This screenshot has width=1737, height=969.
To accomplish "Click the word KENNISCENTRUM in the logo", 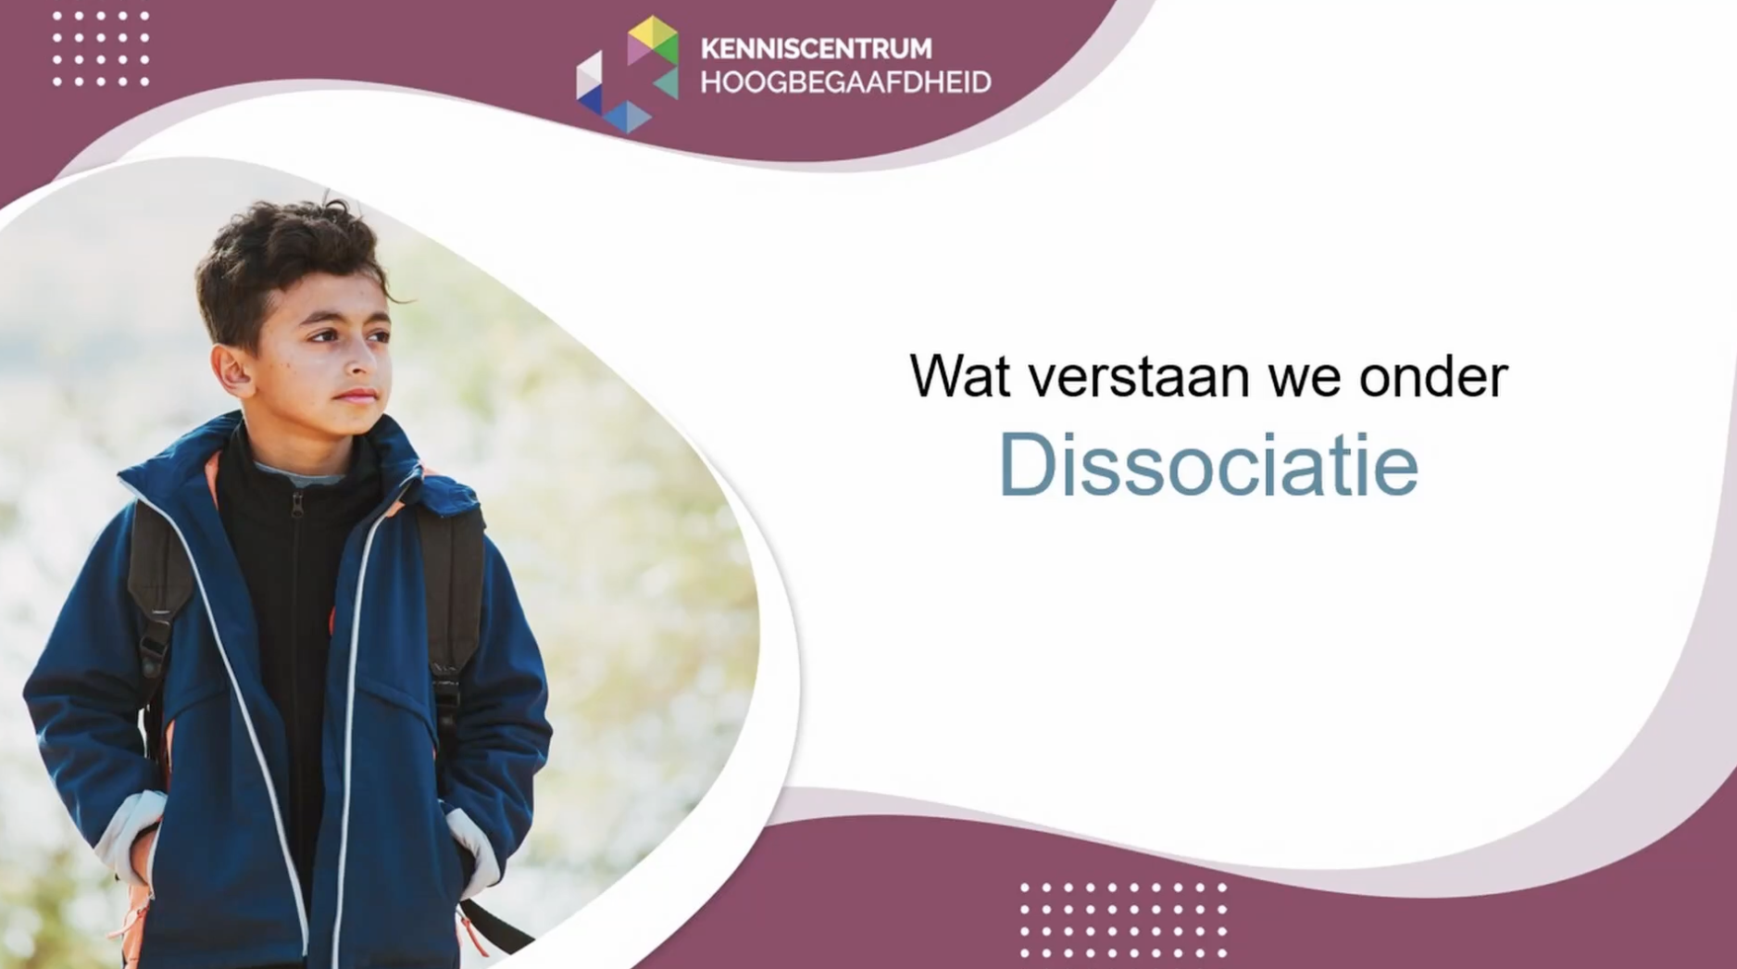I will pos(816,48).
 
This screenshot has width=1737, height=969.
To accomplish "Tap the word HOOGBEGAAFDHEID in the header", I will pos(845,82).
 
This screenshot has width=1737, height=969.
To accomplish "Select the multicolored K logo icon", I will pos(627,75).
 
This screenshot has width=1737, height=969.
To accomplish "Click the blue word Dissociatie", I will pos(1208,465).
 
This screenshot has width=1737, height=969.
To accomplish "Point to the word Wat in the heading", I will pos(959,376).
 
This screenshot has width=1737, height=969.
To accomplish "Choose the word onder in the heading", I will pos(1432,376).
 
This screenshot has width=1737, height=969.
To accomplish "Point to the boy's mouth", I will pos(356,396).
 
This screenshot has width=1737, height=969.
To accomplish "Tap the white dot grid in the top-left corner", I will pos(101,48).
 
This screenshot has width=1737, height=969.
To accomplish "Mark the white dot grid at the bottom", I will pos(1123,919).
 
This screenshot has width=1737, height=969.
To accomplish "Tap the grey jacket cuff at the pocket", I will pos(472,838).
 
